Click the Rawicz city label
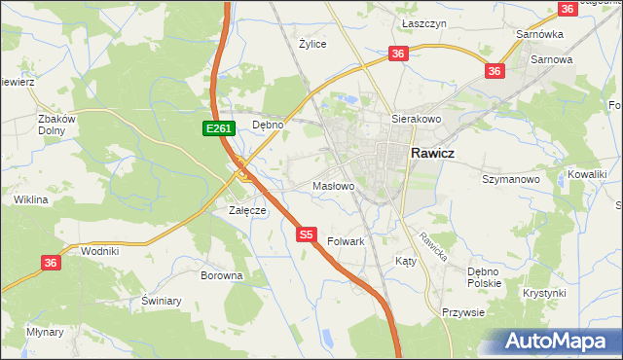434,153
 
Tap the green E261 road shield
216,128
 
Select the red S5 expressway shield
307,234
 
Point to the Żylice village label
312,44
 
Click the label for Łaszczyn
423,21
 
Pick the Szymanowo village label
511,179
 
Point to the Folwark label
346,240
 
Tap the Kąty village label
405,261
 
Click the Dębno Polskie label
484,277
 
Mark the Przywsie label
463,312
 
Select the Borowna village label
221,275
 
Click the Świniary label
162,301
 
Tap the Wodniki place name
100,250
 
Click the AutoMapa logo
560,342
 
